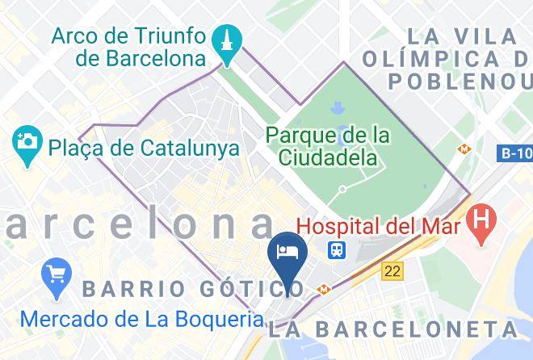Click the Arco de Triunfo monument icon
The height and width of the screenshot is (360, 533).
(226, 40)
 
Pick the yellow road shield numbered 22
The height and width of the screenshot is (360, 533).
(392, 272)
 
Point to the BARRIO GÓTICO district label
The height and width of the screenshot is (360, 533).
(194, 288)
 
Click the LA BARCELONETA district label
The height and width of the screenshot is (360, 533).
(393, 329)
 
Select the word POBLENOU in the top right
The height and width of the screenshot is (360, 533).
(460, 82)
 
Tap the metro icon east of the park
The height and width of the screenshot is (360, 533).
(464, 149)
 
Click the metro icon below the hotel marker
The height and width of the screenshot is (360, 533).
(323, 289)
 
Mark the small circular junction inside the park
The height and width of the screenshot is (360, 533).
(342, 190)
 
